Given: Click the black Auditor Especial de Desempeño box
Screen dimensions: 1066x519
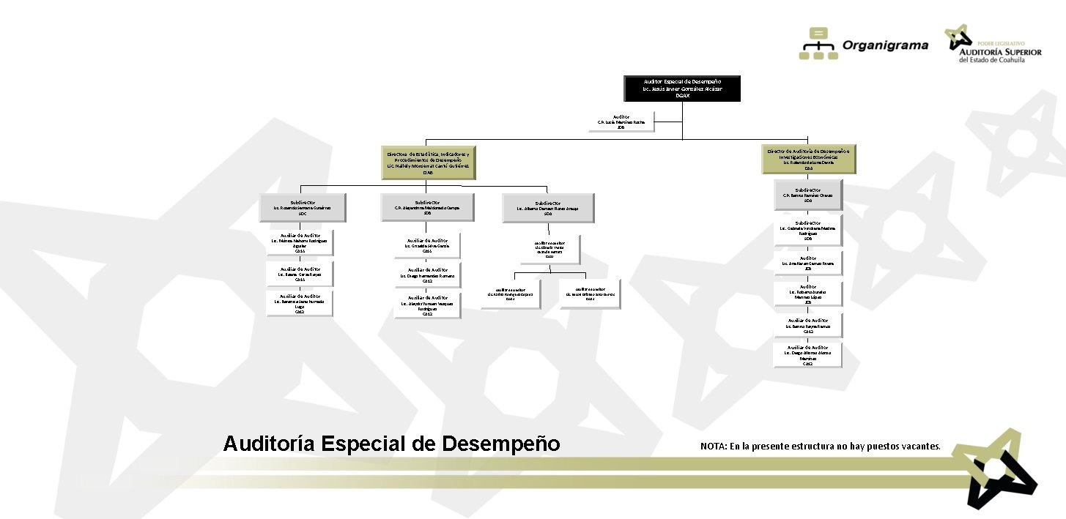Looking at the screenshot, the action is pos(682,88).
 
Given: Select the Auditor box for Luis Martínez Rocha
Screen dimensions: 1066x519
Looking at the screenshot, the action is pos(621,122).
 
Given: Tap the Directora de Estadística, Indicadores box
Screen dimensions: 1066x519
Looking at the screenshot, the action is pos(429,163).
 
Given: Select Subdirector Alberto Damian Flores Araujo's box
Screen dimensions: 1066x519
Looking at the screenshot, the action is pos(548,208).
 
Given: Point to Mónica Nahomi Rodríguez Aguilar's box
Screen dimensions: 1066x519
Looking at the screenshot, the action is pos(299,243).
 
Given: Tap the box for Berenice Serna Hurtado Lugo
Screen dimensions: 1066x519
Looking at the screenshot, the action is pos(299,304).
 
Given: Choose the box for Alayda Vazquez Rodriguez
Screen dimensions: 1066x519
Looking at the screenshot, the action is pos(427,305).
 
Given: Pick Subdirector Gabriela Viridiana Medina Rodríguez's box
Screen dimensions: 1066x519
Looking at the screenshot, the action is pos(808,230).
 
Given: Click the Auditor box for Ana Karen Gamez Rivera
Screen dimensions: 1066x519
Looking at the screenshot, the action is pos(808,263).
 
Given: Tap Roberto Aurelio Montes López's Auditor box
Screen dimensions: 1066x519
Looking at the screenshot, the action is pos(808,294).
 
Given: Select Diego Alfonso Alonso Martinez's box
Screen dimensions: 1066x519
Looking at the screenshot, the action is pos(808,355).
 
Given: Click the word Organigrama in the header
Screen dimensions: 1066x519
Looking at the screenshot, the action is pos(886,45).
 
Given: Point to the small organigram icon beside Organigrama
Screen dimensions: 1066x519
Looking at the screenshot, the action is pos(818,43).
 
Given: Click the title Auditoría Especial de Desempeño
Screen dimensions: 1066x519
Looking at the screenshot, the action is pos(391,444).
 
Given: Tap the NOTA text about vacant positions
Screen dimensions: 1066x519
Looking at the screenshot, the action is pos(820,446).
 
